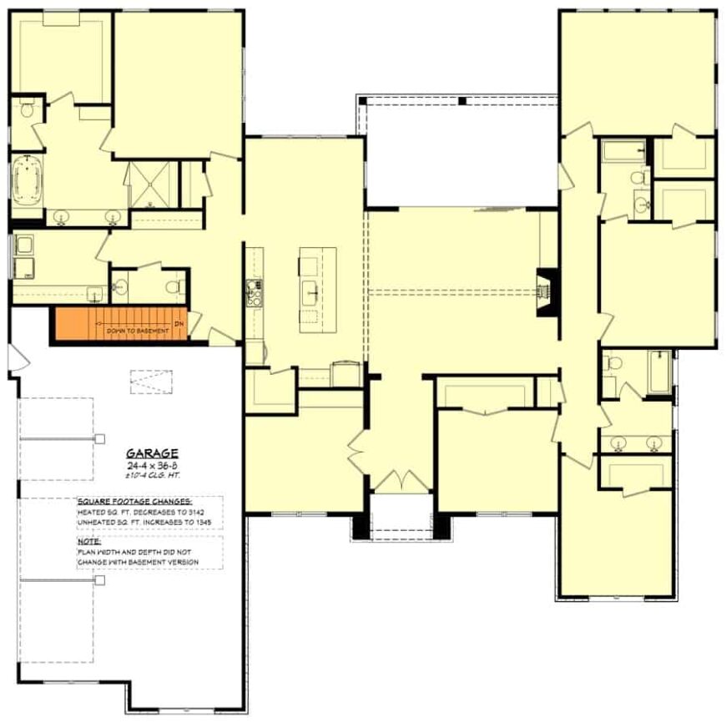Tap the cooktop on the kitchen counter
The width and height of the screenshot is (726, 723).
253,293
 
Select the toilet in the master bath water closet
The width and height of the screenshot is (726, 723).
28,109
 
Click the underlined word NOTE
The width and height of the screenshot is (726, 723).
89,542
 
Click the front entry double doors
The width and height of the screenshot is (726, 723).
401,482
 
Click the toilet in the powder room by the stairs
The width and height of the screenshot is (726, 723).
174,287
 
